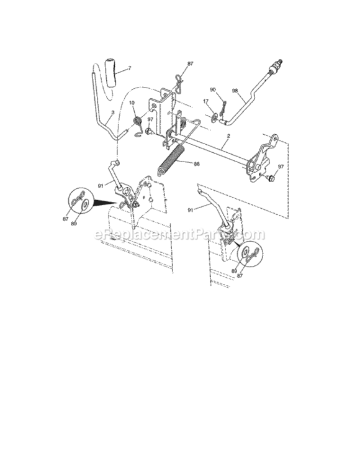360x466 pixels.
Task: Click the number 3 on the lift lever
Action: (x=111, y=114)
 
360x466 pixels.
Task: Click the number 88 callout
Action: (x=197, y=165)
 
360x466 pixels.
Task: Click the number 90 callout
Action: (x=213, y=90)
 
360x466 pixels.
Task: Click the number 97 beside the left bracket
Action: (x=149, y=119)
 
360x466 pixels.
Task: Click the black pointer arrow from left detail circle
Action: (x=106, y=204)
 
